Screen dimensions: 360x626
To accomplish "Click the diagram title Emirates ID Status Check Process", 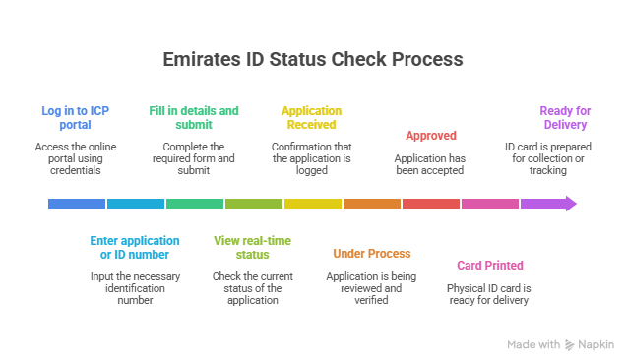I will tap(313, 59).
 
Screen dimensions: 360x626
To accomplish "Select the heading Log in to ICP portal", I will tap(75, 118).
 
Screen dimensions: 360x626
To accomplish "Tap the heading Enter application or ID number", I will tap(135, 248).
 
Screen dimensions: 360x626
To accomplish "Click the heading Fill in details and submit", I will tap(194, 118).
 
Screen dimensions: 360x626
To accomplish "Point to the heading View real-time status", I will tap(253, 248).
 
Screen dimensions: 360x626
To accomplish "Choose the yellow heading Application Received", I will tap(311, 118).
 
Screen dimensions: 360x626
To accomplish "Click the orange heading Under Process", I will tap(371, 253).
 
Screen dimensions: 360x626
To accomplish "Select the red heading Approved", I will tap(430, 136).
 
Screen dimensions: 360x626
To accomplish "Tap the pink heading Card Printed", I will tap(489, 266).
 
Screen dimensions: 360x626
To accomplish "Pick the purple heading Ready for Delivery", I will tap(564, 118).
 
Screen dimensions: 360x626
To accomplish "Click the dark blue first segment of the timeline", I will tap(76, 204).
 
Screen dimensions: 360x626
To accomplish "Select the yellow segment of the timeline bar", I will tap(313, 204).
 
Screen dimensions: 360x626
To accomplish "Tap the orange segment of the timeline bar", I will tap(372, 204).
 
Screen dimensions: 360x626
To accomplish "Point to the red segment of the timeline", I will tap(431, 204).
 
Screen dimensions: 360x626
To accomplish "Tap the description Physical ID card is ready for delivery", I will tap(489, 294).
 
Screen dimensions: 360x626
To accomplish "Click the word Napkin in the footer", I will tap(596, 345).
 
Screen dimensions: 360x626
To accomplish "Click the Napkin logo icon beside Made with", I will tap(571, 345).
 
